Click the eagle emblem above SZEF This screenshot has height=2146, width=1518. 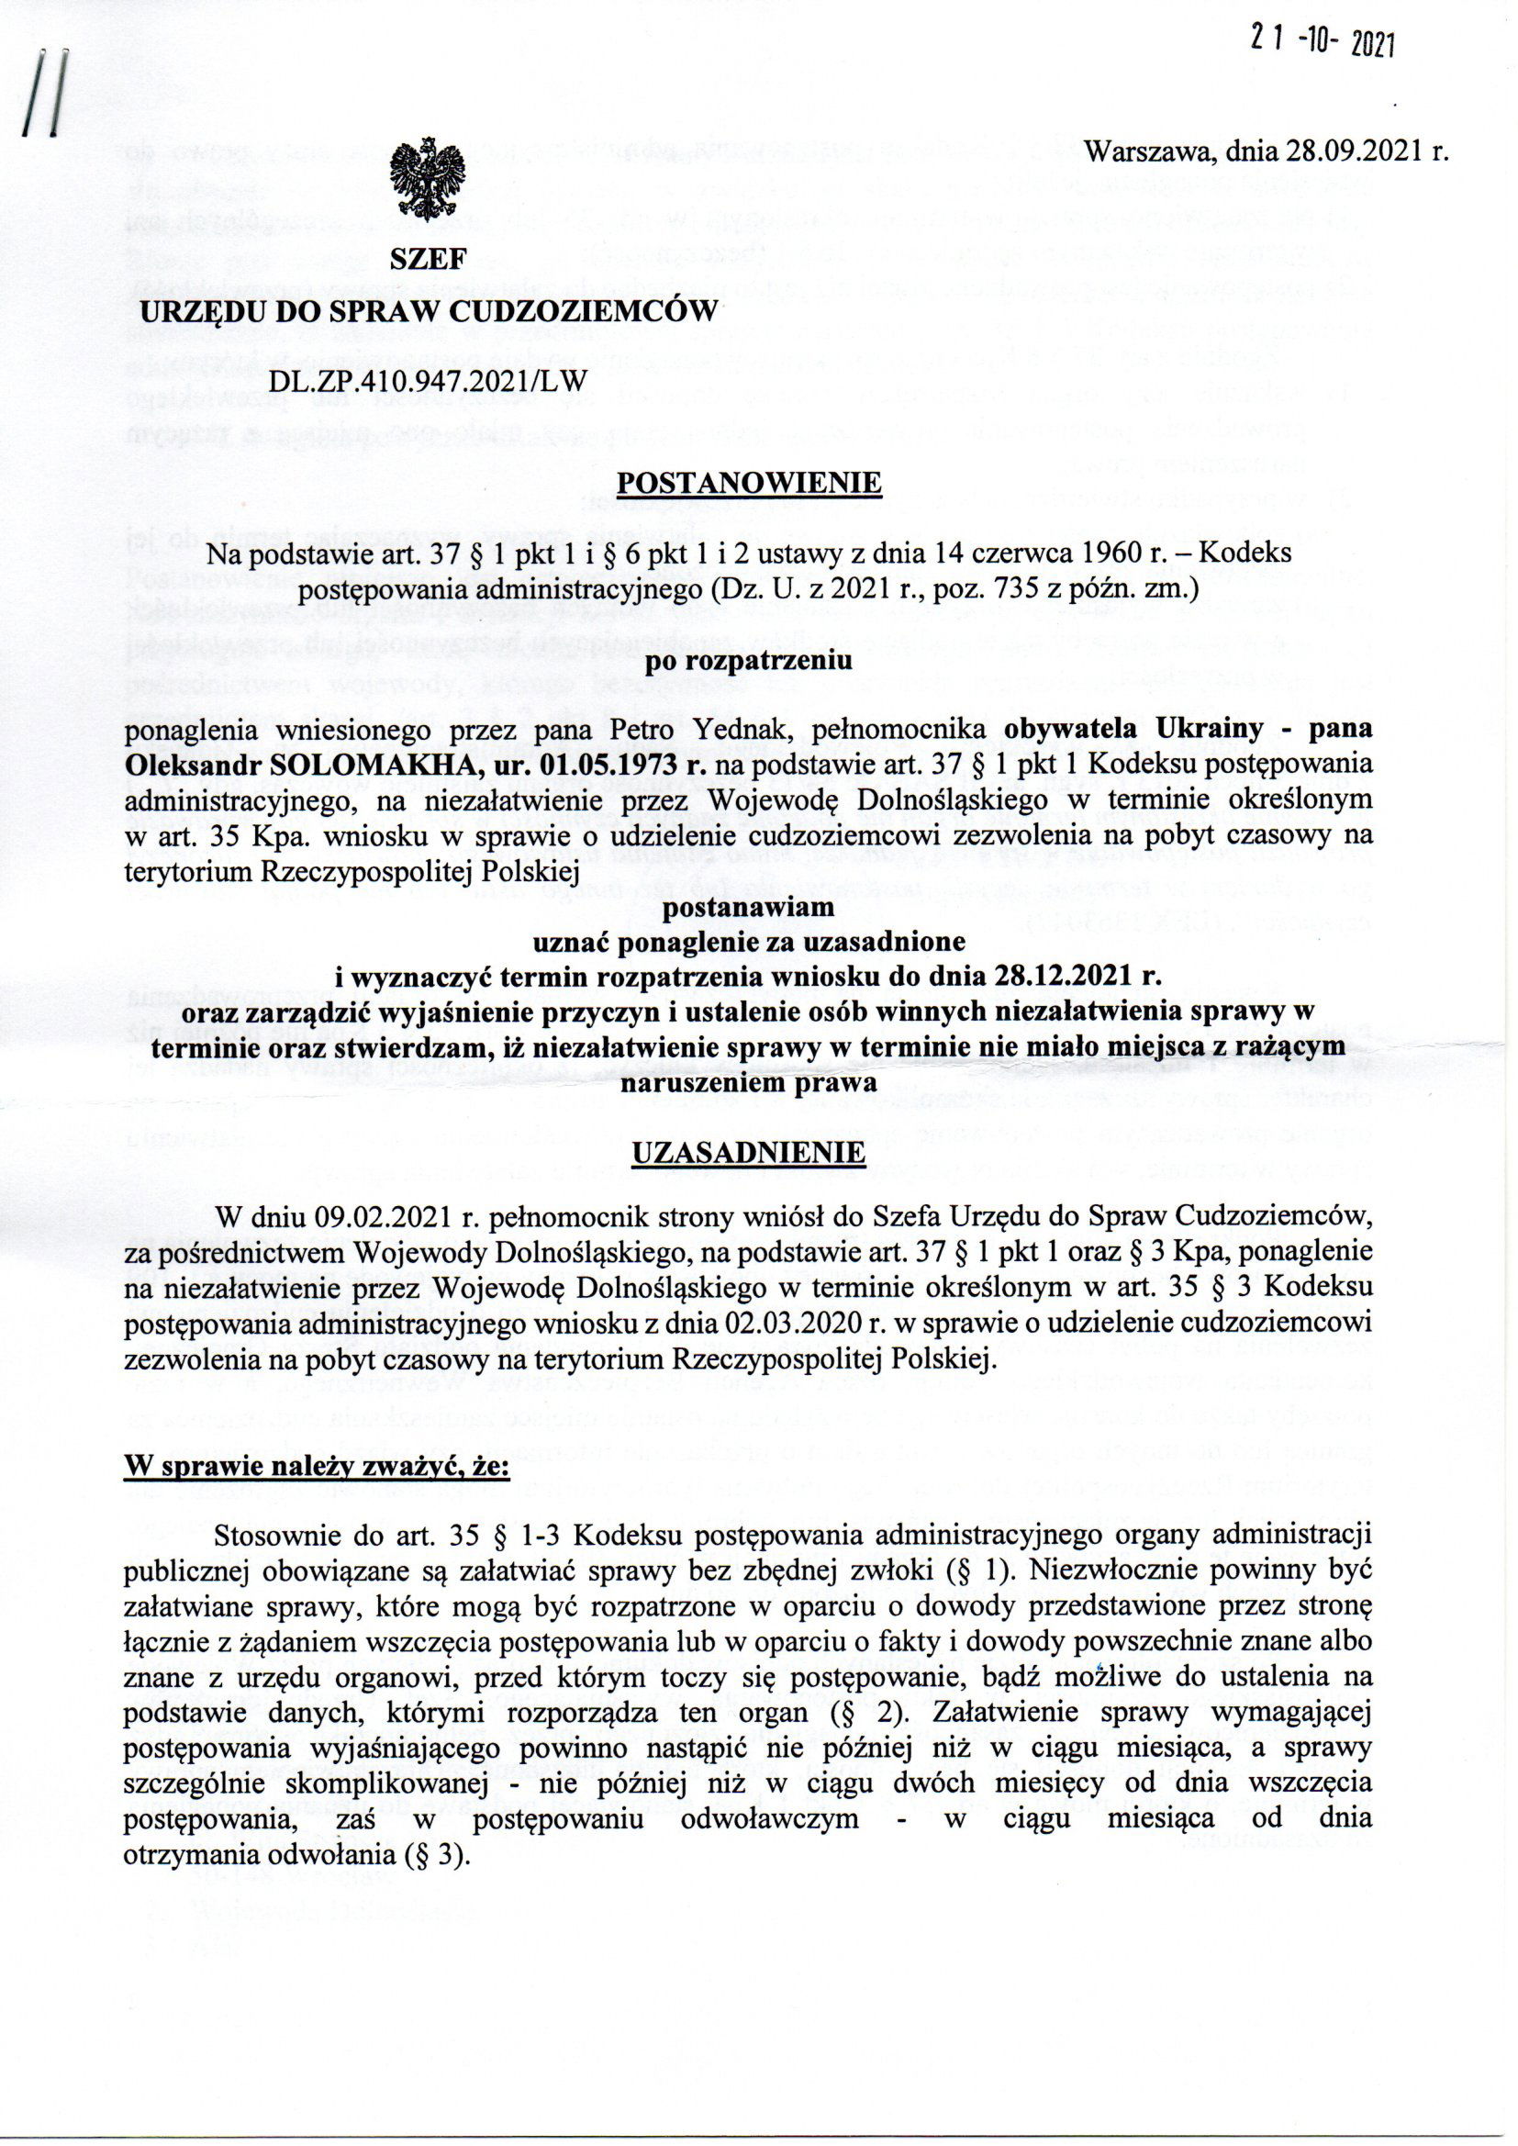(x=426, y=181)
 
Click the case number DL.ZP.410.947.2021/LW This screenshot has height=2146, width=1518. (x=429, y=381)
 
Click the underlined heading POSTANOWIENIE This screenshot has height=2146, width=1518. (x=750, y=482)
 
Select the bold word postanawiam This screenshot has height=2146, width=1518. (x=750, y=907)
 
